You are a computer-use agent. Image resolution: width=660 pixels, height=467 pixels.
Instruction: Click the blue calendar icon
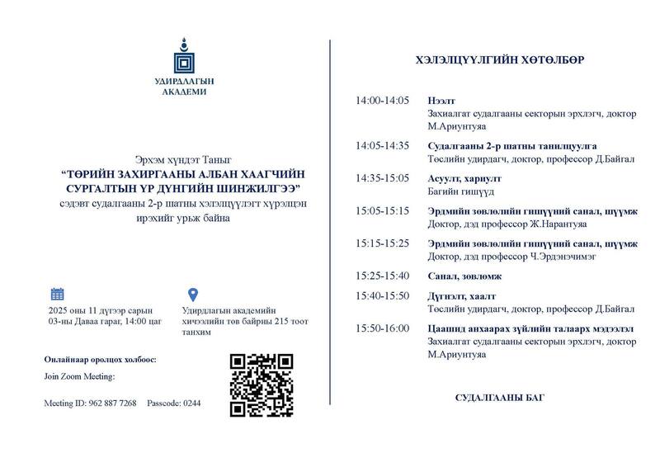[x=58, y=294]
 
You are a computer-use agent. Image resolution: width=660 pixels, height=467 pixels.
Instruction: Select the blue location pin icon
[x=193, y=295]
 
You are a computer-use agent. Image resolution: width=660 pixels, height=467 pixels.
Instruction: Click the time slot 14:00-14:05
[x=382, y=100]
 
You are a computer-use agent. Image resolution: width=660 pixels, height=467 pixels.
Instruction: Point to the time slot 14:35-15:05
[x=382, y=177]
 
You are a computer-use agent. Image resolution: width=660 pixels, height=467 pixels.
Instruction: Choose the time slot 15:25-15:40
[x=382, y=276]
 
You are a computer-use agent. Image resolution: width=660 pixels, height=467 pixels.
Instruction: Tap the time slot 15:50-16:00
[x=382, y=328]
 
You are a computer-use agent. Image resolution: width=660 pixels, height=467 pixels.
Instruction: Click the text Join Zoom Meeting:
[x=79, y=376]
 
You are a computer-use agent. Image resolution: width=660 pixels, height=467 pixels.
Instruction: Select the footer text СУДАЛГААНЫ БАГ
[x=499, y=398]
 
